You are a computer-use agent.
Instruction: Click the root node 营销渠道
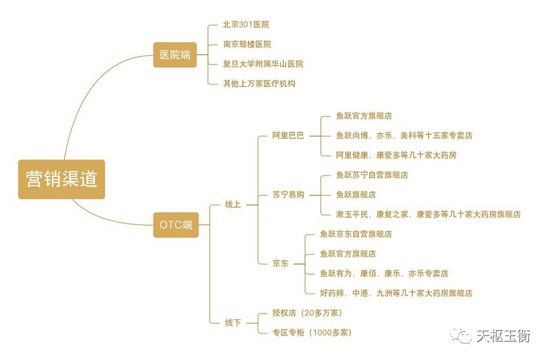[61, 179]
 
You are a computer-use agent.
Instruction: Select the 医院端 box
[175, 55]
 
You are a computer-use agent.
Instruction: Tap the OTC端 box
[176, 225]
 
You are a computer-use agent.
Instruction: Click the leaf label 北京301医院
[246, 25]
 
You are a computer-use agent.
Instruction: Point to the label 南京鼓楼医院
[247, 45]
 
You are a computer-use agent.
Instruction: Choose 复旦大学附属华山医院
[263, 64]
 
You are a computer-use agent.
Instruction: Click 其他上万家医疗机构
[259, 84]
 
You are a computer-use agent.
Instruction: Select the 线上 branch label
[232, 205]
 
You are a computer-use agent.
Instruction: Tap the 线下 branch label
[232, 323]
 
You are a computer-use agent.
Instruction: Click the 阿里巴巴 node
[288, 136]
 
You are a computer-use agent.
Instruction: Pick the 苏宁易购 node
[288, 195]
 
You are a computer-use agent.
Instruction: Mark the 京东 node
[280, 264]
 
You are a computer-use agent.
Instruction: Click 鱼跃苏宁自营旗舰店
[372, 175]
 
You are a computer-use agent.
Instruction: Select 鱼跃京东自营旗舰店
[356, 234]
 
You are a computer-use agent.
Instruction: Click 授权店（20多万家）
[307, 313]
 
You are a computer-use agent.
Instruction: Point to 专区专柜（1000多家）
[312, 333]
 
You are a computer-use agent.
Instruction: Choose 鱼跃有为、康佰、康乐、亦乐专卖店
[384, 274]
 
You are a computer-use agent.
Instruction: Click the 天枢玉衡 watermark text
[503, 336]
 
